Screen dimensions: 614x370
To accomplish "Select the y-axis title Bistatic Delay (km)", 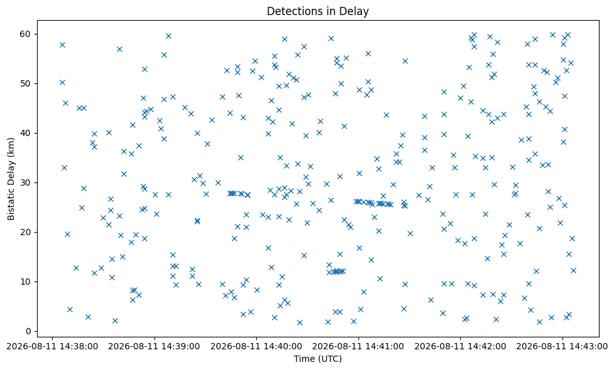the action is click(x=11, y=179).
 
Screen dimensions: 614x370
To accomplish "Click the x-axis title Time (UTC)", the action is click(x=318, y=359).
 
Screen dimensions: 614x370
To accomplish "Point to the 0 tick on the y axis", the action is click(x=28, y=331).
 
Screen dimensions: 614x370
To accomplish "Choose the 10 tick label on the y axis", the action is click(x=26, y=282).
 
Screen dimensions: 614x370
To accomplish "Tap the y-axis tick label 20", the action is click(x=26, y=232).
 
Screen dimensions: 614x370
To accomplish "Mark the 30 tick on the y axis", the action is click(x=26, y=182).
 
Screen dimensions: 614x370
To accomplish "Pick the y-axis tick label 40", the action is click(x=26, y=134).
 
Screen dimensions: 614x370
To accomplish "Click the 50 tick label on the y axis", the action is click(x=26, y=83).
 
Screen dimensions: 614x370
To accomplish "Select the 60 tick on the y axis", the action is click(x=26, y=34).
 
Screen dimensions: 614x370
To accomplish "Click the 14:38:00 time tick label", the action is click(x=53, y=347).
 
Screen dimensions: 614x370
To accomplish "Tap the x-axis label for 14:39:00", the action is click(x=154, y=347).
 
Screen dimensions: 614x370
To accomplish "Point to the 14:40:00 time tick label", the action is click(x=257, y=347).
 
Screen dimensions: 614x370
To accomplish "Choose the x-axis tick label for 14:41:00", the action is click(x=358, y=347).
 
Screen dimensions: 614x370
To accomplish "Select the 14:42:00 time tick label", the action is click(x=461, y=347).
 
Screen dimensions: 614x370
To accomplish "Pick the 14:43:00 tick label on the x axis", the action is click(x=563, y=347).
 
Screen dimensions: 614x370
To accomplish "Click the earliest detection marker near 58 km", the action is click(x=62, y=45).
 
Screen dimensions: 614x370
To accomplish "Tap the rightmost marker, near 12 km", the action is click(x=573, y=271).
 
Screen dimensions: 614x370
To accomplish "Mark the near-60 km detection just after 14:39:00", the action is click(x=168, y=36).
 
